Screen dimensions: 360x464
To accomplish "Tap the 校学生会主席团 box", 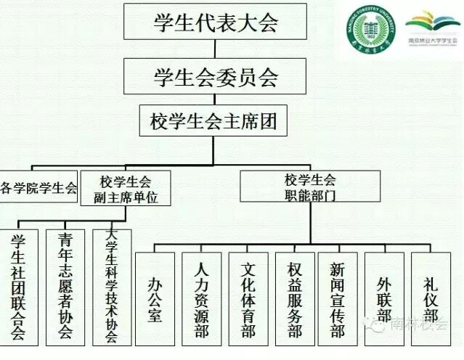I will [x=213, y=120].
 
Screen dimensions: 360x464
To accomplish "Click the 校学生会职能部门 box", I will [x=310, y=187].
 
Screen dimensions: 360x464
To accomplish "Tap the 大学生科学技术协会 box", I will [x=112, y=287].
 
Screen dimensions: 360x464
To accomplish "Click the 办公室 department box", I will [x=155, y=298].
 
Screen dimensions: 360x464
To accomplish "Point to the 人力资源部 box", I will [x=201, y=298].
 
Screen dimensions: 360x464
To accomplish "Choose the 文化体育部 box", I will [x=248, y=298].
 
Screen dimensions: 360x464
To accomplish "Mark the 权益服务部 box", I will [x=294, y=298].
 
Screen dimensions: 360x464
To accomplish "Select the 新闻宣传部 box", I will [x=337, y=298].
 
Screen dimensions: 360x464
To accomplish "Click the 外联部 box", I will [x=384, y=298].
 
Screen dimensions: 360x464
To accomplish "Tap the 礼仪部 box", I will [x=431, y=298].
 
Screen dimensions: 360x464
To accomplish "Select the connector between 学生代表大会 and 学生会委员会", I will [x=214, y=49].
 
